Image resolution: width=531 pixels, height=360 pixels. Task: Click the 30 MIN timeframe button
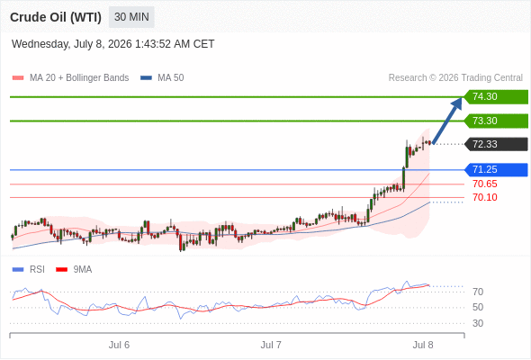(x=131, y=17)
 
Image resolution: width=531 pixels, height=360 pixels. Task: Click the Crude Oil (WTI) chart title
(x=56, y=17)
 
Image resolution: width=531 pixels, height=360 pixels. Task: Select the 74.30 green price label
(x=496, y=97)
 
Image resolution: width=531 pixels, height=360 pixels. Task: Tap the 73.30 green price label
(x=496, y=121)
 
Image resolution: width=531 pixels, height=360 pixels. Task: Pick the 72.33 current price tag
(x=496, y=144)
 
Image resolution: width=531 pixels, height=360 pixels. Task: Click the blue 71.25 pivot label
(x=496, y=170)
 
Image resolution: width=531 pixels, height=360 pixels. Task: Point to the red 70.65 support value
(x=485, y=184)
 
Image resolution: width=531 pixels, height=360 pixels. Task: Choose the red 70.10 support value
(x=485, y=197)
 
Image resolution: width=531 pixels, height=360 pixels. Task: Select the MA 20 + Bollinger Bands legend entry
(x=70, y=78)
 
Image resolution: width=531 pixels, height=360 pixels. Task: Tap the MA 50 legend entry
(x=162, y=78)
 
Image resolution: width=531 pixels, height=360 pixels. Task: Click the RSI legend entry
(x=29, y=270)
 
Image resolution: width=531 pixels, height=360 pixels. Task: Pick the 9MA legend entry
(x=74, y=270)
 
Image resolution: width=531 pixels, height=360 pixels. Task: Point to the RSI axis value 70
(x=478, y=292)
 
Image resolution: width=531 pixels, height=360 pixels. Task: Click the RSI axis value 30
(x=478, y=323)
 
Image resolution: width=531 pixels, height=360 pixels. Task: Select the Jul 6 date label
(x=119, y=345)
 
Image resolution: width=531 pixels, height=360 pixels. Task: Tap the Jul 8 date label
(x=423, y=345)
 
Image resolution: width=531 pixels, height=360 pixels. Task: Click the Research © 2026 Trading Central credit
(x=455, y=78)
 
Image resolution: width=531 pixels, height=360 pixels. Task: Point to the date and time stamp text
(x=112, y=44)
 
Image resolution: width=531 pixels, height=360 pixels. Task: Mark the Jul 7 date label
(x=271, y=345)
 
